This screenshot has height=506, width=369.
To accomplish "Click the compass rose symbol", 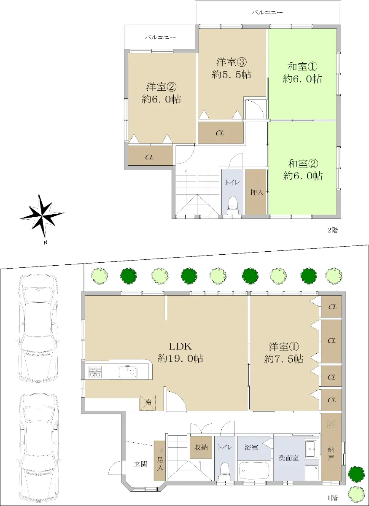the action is coord(42,216).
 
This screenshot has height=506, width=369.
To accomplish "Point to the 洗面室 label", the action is coord(289,458).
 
